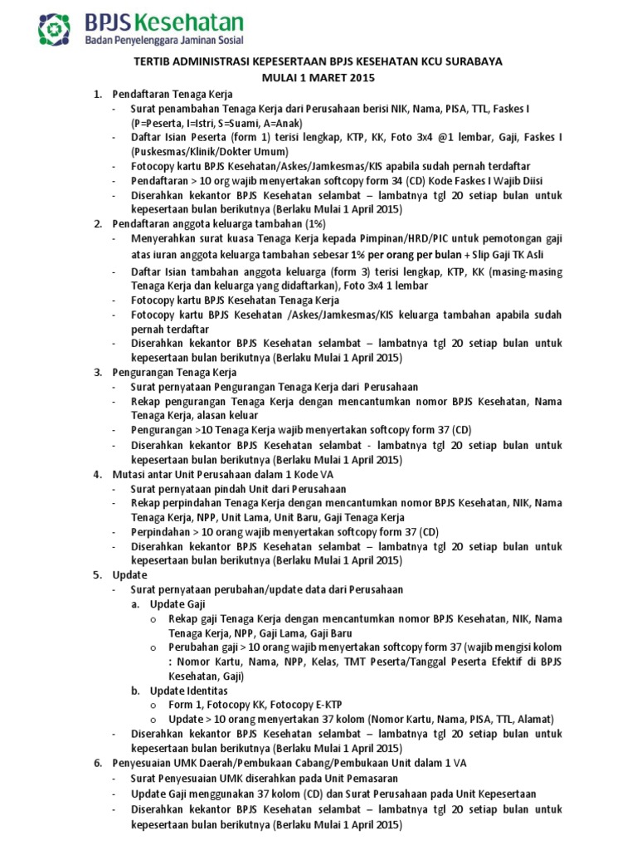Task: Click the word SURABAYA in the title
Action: (474, 62)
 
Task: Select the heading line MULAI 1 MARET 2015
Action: (319, 78)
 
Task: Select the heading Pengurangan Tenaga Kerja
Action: (174, 372)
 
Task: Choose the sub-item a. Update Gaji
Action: (177, 603)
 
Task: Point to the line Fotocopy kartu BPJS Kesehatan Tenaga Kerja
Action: (235, 300)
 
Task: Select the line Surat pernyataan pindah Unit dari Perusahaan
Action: (238, 489)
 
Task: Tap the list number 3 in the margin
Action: (96, 372)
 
